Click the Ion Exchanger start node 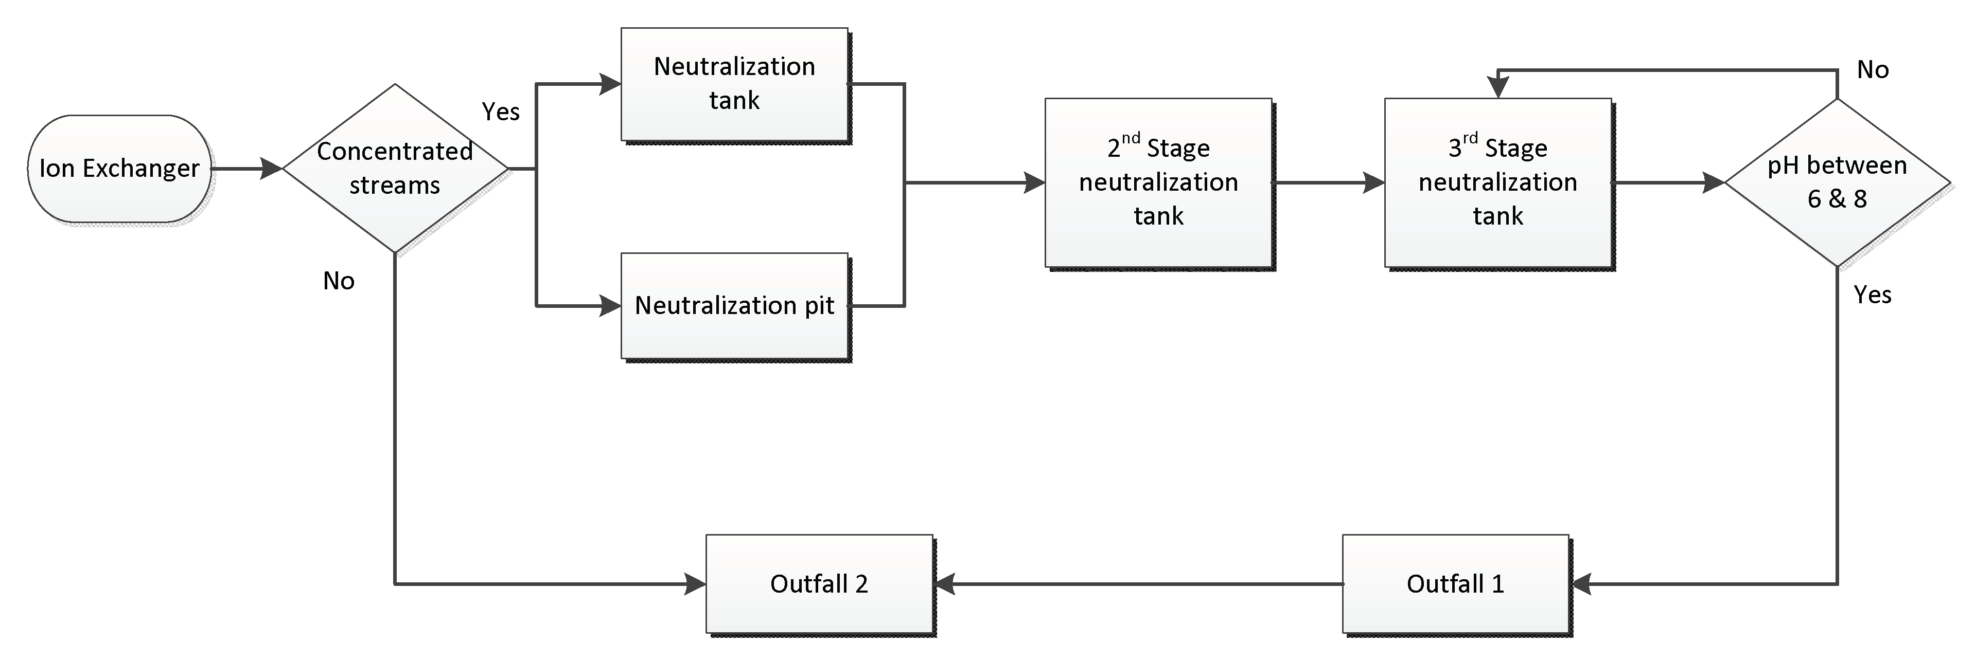(119, 169)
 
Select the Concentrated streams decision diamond (394, 169)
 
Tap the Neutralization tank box (734, 84)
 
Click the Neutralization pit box (734, 306)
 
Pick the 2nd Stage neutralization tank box (1158, 182)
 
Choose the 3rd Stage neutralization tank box (1497, 182)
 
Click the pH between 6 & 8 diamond (1837, 182)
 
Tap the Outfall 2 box (818, 584)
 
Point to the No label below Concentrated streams (338, 281)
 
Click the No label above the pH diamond (1872, 70)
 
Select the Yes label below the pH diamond (1872, 295)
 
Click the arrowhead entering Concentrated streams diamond (271, 169)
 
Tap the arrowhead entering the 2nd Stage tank (1034, 182)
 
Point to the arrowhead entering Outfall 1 (1582, 584)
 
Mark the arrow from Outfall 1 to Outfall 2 (1135, 584)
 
